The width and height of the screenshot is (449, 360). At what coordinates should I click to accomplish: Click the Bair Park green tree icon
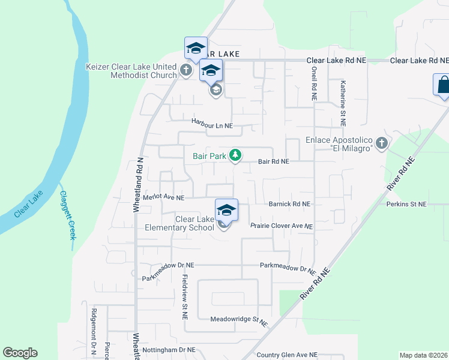236,156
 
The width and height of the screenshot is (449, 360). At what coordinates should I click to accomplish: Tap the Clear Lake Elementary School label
194,224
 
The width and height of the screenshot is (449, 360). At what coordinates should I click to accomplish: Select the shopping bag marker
442,85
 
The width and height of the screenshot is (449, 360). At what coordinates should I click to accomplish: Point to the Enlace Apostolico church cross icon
381,144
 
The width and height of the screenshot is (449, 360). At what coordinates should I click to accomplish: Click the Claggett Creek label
67,215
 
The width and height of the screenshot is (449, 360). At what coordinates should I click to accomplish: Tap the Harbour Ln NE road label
212,122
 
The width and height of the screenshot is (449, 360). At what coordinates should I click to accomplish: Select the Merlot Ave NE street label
163,197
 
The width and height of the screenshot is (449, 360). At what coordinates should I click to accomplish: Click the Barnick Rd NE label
289,204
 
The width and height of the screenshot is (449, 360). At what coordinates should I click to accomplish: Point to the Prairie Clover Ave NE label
282,226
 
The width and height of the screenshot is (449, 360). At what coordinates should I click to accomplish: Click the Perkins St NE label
406,205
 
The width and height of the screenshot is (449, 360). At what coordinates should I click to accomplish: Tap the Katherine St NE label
343,103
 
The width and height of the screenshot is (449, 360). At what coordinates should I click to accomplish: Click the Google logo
20,353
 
